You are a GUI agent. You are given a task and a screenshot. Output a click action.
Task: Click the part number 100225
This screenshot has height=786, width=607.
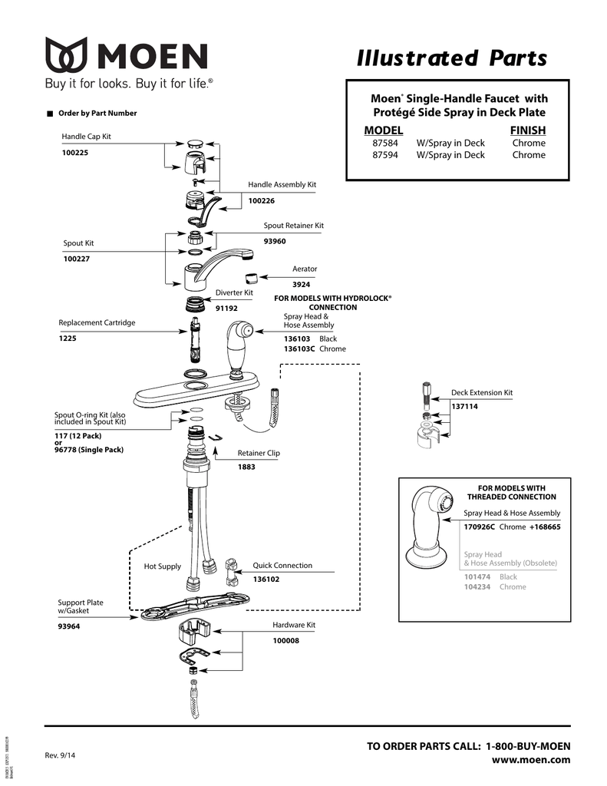tap(76, 152)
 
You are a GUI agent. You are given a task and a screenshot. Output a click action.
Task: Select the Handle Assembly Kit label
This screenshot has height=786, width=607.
tap(282, 185)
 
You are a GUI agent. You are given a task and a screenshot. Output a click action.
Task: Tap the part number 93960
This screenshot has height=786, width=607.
tap(275, 241)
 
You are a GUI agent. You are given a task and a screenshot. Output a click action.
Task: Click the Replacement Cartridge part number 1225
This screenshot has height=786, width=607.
tap(68, 338)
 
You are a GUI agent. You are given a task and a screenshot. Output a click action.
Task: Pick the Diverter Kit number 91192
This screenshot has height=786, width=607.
tap(226, 308)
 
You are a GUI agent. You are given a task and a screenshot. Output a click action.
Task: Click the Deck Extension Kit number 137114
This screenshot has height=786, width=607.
tap(464, 406)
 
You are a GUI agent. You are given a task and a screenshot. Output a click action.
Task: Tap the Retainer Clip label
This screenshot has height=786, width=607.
tap(259, 453)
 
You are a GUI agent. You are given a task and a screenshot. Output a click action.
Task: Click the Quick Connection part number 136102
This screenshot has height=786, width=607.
tap(266, 579)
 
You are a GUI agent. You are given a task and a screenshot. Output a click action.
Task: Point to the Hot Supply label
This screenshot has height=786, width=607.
tap(163, 566)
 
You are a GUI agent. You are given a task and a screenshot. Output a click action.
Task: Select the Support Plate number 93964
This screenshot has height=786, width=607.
tap(69, 626)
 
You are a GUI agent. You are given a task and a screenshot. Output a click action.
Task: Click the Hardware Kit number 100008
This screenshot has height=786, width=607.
tap(285, 640)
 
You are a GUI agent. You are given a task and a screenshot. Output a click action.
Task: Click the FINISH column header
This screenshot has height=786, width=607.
tap(527, 130)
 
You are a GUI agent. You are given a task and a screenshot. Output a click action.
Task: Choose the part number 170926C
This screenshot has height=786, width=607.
tap(479, 527)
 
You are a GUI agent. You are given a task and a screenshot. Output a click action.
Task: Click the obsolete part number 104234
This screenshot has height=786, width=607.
tap(477, 586)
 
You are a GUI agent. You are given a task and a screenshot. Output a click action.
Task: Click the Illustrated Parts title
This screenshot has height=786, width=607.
tap(453, 58)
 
